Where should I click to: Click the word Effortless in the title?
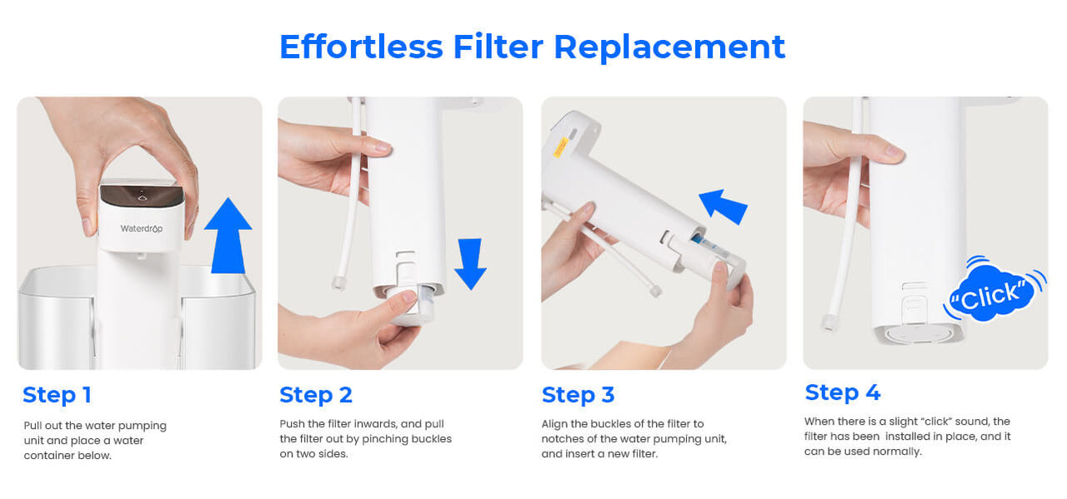point(361,47)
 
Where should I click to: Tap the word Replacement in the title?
point(669,47)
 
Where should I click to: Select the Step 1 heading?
point(57,395)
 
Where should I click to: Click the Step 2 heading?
point(316,395)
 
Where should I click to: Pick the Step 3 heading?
point(579,395)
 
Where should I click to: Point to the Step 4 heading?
point(843,392)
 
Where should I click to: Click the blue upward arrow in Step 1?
point(228,236)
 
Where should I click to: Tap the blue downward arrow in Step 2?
point(470,264)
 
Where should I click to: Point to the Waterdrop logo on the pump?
point(142,228)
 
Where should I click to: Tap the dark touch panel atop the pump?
point(142,195)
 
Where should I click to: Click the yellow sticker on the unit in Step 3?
point(561,147)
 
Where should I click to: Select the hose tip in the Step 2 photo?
point(338,283)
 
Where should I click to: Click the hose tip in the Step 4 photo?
point(829,323)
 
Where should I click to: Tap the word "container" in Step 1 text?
point(50,456)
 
